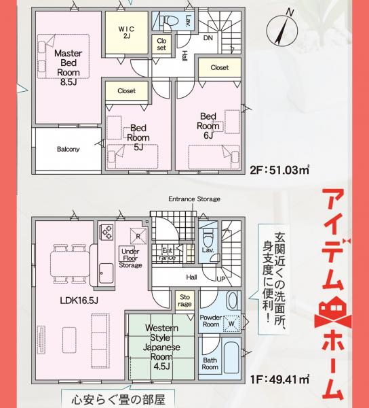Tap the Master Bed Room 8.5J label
click(68, 67)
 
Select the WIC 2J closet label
click(127, 32)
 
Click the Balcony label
click(68, 150)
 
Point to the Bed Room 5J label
click(138, 136)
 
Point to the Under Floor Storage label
click(130, 258)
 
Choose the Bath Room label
click(210, 364)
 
